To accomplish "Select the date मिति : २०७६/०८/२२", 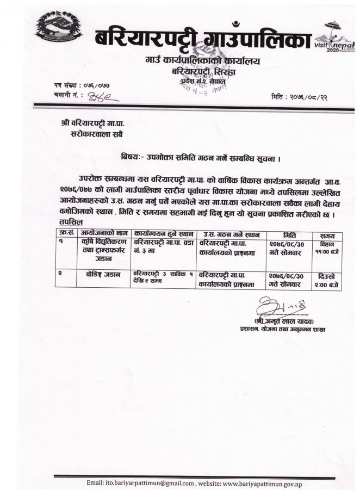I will tap(302, 96).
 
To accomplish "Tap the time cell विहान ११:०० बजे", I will tap(327, 248).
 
